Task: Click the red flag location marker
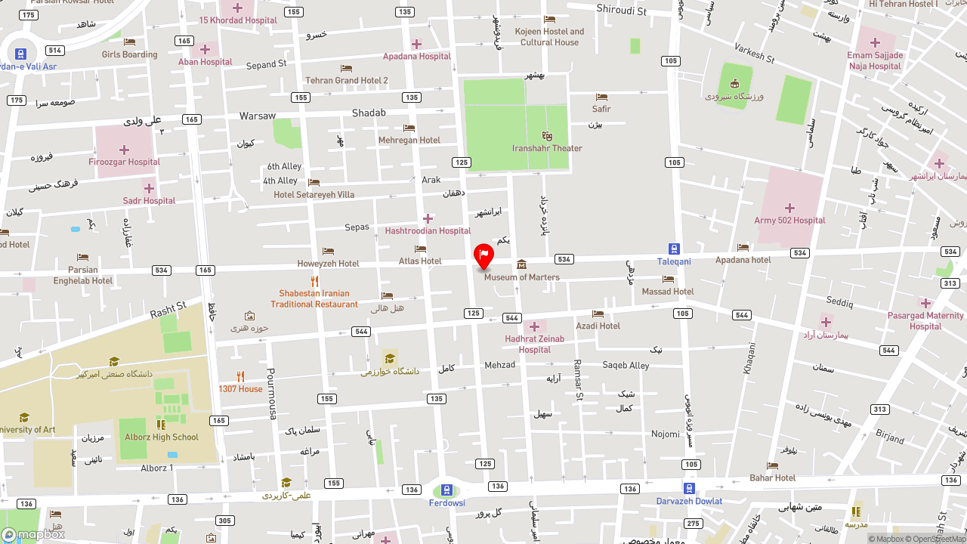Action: point(483,255)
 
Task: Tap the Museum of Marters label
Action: point(521,277)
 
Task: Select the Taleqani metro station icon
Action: point(673,249)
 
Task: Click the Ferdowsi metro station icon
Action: point(446,490)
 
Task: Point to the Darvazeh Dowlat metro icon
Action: point(689,488)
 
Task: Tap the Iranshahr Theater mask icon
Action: point(547,136)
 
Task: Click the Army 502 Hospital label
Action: point(789,221)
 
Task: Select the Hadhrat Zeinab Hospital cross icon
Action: point(534,326)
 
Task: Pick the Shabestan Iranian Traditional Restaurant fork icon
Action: point(314,281)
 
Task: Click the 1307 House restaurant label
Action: point(240,389)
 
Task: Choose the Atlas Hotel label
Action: point(420,261)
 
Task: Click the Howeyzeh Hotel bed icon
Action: point(328,251)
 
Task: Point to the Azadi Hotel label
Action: point(598,326)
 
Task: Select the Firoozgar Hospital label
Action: point(123,162)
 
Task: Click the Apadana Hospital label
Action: point(416,56)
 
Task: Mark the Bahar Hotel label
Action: point(772,478)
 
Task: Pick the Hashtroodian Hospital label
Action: point(428,230)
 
